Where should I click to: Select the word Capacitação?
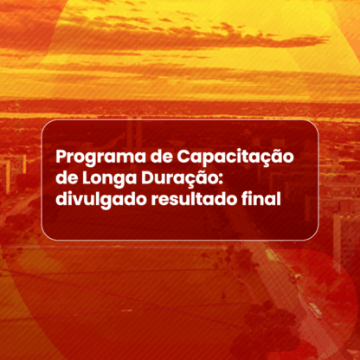tap(235, 157)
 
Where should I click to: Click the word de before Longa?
tap(67, 178)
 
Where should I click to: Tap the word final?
tap(260, 198)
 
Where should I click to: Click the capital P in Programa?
tap(62, 157)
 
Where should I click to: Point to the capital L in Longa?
tap(87, 178)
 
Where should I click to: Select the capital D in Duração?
tap(148, 178)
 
